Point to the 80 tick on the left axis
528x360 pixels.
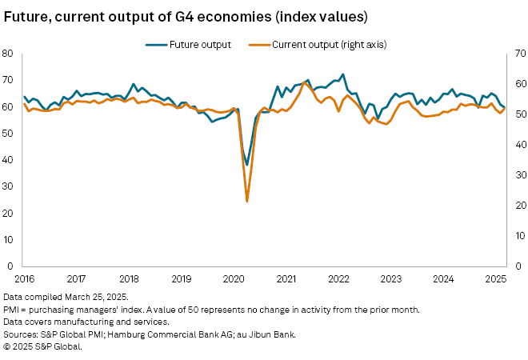click(10, 54)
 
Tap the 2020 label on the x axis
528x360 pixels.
click(233, 279)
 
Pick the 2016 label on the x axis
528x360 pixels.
click(24, 279)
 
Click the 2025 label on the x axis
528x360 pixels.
click(494, 279)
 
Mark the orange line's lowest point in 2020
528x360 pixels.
click(246, 201)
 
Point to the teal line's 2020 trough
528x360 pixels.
click(247, 164)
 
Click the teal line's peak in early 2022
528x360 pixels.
click(342, 75)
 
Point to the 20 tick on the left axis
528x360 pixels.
click(10, 213)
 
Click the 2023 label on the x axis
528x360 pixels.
click(390, 279)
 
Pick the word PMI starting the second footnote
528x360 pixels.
click(11, 308)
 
